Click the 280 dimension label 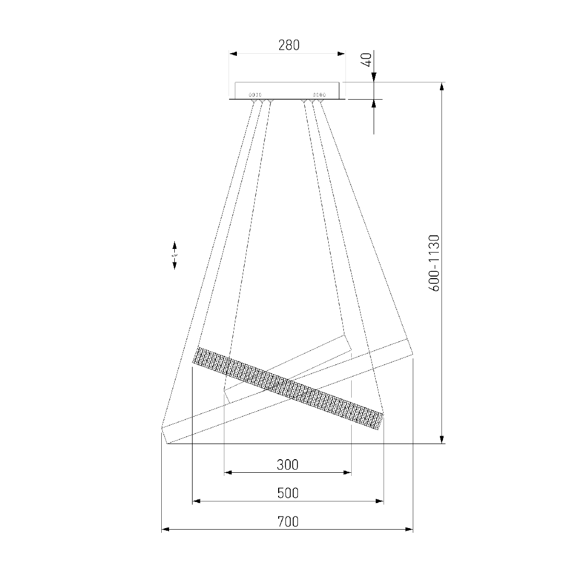tap(289, 45)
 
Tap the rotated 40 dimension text tap(367, 59)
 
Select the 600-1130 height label tap(434, 263)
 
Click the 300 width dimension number tap(288, 465)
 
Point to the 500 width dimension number tap(288, 493)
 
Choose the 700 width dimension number tap(288, 521)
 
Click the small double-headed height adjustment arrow tap(175, 256)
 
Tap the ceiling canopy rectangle tap(287, 90)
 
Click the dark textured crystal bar tap(288, 388)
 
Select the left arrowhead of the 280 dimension tap(233, 54)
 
